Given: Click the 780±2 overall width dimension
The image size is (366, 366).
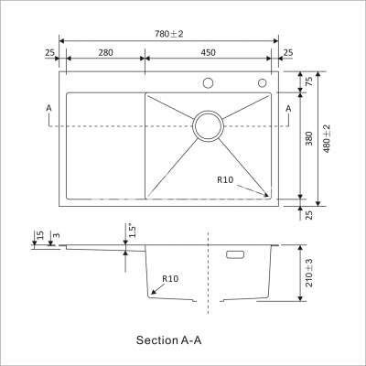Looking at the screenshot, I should [x=168, y=33].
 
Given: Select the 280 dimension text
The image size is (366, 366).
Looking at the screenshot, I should [x=105, y=52].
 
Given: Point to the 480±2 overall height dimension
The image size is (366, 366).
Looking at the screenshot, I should [x=328, y=138].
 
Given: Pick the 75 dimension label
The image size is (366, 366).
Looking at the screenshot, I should [x=308, y=82].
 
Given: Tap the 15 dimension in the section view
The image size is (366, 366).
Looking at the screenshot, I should [x=37, y=237].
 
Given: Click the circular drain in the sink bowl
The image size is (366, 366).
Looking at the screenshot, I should [x=209, y=126].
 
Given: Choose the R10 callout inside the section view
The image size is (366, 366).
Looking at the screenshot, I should [x=169, y=278].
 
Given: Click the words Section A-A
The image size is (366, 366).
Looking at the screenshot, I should [x=167, y=339].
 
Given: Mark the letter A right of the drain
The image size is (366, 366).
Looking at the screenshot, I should [x=289, y=108].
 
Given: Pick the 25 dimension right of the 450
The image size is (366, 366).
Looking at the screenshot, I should [x=288, y=52].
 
